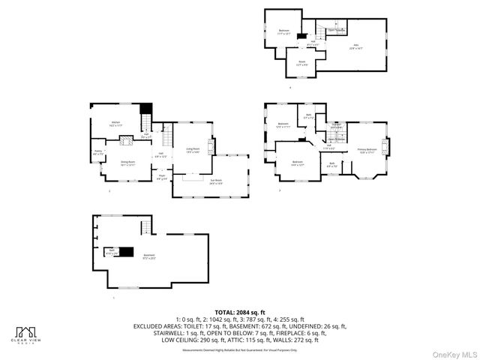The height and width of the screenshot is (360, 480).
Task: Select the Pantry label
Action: pyautogui.click(x=97, y=153)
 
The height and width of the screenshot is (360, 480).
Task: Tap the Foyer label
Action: pyautogui.click(x=161, y=177)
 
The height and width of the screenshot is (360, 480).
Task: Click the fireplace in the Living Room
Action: pyautogui.click(x=211, y=147)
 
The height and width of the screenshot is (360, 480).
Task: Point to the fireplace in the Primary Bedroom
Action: pyautogui.click(x=386, y=145)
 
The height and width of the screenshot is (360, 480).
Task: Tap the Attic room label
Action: pyautogui.click(x=355, y=46)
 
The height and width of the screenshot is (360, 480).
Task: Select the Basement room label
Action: pyautogui.click(x=149, y=256)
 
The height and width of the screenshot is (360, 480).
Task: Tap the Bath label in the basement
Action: pyautogui.click(x=112, y=252)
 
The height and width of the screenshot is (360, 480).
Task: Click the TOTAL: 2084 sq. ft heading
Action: pyautogui.click(x=240, y=312)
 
